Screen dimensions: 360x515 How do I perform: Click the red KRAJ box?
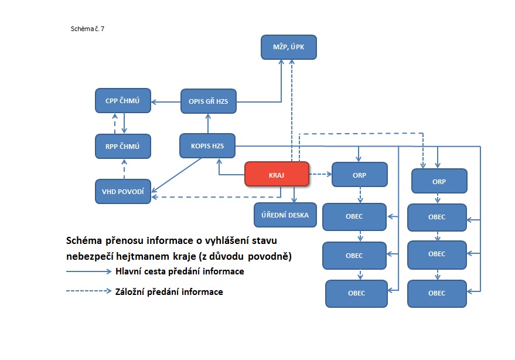(276, 174)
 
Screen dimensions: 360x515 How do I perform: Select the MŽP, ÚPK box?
(289, 47)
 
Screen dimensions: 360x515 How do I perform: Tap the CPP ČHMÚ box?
(123, 101)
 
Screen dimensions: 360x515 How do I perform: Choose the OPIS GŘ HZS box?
(208, 101)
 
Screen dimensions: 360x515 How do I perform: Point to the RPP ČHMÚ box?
(123, 146)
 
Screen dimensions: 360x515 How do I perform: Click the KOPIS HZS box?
(207, 145)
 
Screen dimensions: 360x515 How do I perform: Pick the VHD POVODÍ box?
(123, 191)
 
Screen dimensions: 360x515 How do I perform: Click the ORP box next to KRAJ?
(359, 174)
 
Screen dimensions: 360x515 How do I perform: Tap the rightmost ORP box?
(439, 181)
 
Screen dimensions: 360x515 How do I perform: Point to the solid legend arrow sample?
(88, 271)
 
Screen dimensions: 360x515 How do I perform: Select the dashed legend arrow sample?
(88, 291)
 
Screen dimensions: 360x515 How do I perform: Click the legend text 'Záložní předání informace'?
(169, 291)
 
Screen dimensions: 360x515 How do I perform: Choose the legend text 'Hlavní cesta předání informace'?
(180, 271)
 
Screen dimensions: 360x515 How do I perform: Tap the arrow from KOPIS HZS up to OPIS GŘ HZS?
(207, 123)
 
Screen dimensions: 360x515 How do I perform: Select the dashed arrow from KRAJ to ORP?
(320, 174)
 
